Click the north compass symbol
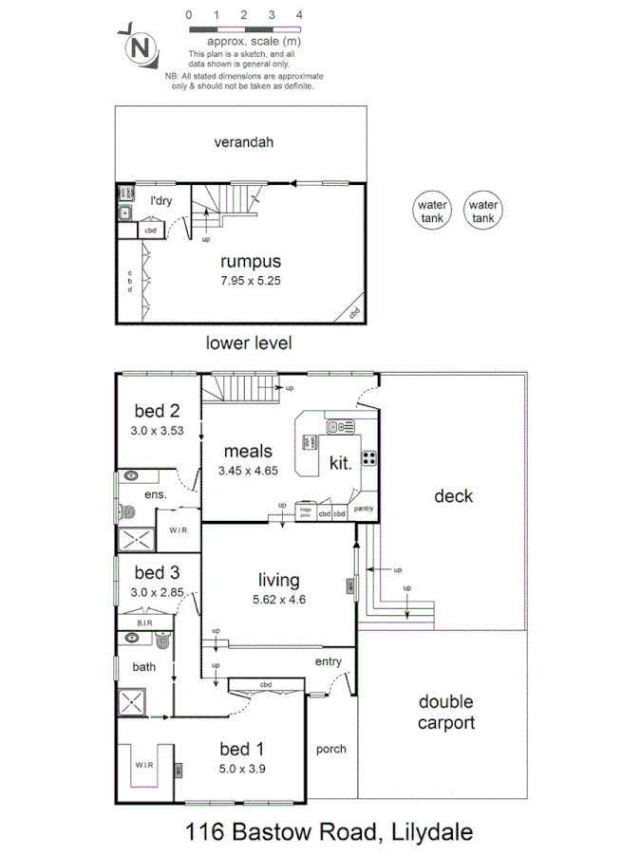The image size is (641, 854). [141, 46]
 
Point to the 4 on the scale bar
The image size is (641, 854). [299, 15]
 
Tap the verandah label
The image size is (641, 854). [243, 142]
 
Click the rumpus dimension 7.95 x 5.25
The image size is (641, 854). [251, 281]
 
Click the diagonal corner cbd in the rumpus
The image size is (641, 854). [353, 312]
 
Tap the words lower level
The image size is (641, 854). [249, 343]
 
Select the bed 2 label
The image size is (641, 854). [157, 411]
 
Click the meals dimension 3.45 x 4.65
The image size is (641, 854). [247, 470]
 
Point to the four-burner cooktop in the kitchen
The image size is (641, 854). [369, 459]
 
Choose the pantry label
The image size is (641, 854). [363, 510]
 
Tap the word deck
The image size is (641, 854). [453, 495]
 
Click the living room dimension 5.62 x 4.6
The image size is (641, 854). [279, 599]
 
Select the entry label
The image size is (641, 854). [330, 662]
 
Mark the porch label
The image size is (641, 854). [331, 749]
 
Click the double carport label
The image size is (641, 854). [445, 713]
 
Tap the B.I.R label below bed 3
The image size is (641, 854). [144, 622]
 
